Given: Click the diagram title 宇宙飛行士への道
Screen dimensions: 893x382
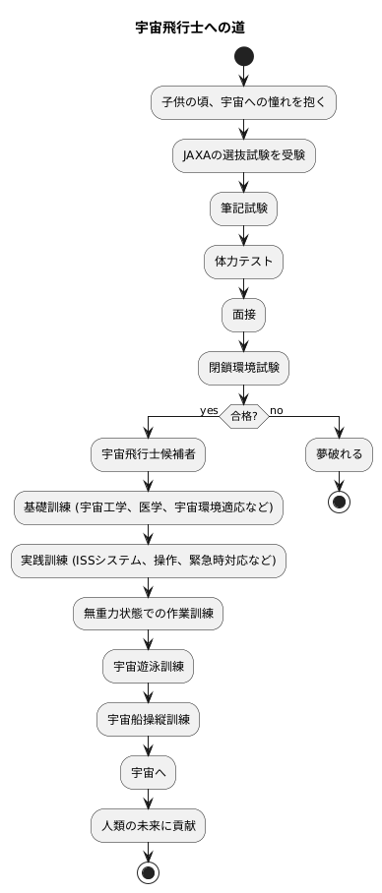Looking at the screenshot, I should coord(190,28).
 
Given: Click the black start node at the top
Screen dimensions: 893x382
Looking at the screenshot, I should coord(243,57).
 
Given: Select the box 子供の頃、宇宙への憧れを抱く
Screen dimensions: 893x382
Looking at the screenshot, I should coord(243,102).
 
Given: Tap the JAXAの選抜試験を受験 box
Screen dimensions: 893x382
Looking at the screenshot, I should coord(243,155).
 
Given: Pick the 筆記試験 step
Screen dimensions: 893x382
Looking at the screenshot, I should coord(243,208).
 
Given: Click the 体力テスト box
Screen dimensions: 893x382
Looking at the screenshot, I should coord(243,262).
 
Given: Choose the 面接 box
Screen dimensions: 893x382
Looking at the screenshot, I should coord(243,315).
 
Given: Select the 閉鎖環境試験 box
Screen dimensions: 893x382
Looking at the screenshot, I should coord(243,368).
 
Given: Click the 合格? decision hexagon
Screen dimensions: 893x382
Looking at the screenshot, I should coord(243,416).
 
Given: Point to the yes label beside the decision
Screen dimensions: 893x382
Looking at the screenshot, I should coord(208,409).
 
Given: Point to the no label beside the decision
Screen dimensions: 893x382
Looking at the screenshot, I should coord(277,409).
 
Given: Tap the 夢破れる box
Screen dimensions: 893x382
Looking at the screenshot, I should coord(339,454).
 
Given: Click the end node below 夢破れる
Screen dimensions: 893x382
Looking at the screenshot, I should coord(339,504).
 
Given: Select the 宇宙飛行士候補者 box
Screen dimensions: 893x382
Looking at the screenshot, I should coord(148,454).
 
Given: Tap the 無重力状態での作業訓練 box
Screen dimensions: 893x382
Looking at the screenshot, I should coord(148,614).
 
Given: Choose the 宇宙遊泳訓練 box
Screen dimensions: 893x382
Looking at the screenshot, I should coord(148,667).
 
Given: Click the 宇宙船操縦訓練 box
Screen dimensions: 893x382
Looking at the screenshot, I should coord(148,720).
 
